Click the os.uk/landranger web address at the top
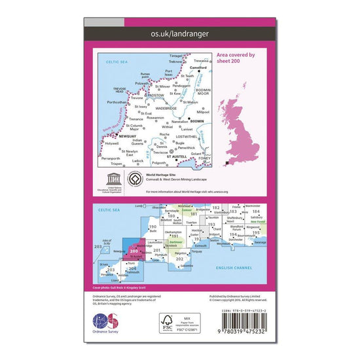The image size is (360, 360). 179,31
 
